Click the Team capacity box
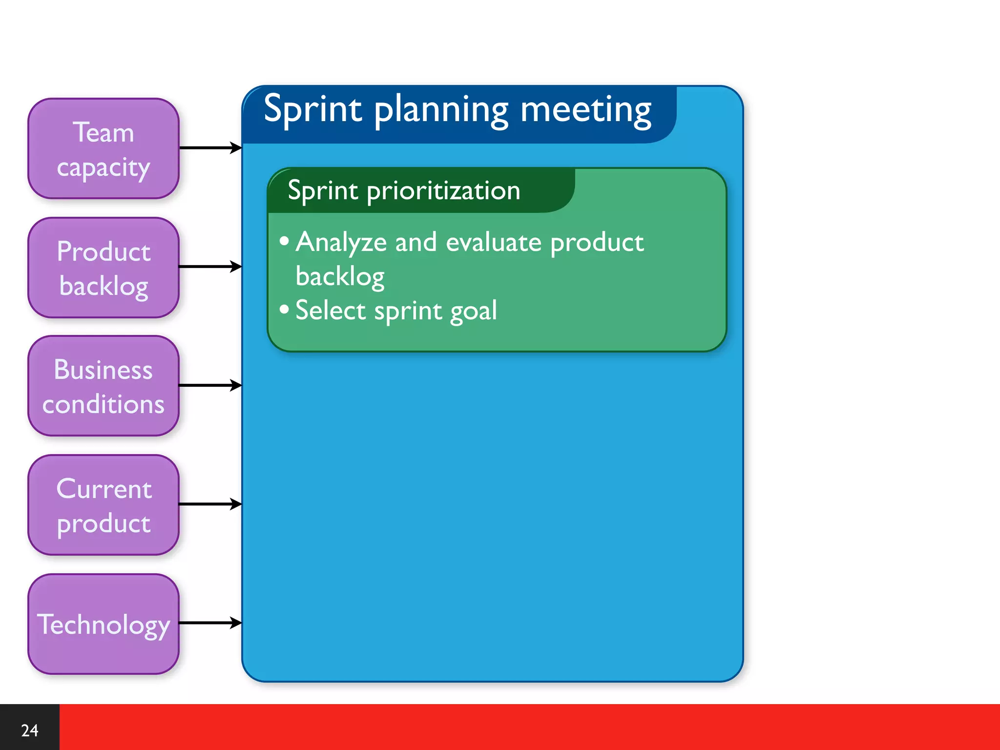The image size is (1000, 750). click(x=104, y=148)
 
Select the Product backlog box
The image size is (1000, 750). click(x=104, y=268)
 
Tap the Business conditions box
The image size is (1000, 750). click(x=104, y=386)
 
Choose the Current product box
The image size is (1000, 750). click(x=104, y=505)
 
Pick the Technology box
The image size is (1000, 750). click(x=104, y=624)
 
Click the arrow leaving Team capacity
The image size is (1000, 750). click(x=210, y=147)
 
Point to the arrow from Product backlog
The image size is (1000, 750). click(x=210, y=267)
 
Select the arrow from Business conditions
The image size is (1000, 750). click(x=210, y=385)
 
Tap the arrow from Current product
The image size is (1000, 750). click(x=210, y=504)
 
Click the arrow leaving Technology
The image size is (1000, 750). click(x=210, y=623)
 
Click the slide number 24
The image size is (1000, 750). click(x=29, y=730)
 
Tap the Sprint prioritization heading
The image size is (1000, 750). click(x=404, y=190)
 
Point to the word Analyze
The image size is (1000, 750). click(x=341, y=242)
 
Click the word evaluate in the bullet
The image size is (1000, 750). click(x=494, y=242)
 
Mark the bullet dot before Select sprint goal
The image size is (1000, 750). click(x=284, y=309)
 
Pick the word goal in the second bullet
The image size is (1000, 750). click(x=473, y=312)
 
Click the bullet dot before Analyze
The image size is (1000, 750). click(x=284, y=241)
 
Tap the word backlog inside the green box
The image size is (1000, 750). click(x=340, y=277)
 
